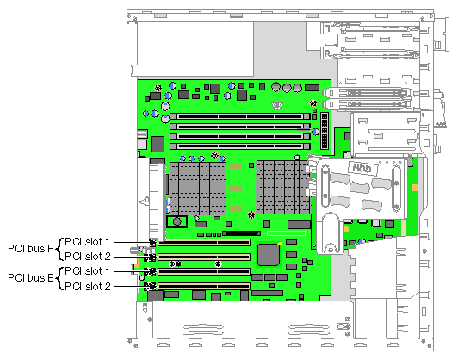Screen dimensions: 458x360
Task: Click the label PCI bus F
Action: (x=31, y=249)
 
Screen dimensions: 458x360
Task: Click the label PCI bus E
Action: (x=31, y=278)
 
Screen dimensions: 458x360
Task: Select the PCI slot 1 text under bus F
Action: (x=87, y=242)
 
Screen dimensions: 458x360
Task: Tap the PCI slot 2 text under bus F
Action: (x=88, y=257)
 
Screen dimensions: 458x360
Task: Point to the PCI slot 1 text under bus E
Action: (x=87, y=271)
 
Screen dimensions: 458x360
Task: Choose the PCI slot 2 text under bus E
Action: (x=88, y=287)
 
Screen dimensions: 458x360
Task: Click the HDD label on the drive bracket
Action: (x=362, y=168)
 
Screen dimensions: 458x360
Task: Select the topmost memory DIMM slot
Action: (x=240, y=116)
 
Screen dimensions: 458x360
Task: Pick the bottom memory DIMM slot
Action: (x=240, y=146)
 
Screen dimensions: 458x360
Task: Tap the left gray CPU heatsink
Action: (x=198, y=189)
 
